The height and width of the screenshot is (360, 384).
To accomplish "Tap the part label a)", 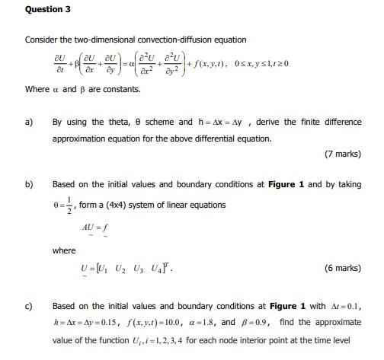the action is [30, 122].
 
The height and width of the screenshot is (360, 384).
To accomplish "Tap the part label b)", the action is [30, 184].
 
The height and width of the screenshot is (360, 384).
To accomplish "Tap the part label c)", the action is [30, 306].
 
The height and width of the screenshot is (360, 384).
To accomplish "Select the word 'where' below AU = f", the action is [64, 250].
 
